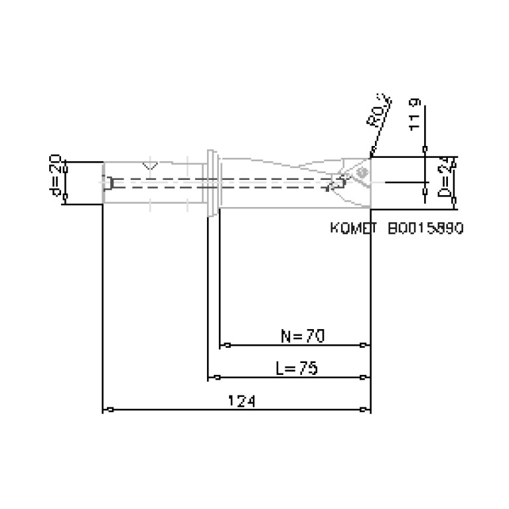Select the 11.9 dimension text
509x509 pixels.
(415, 114)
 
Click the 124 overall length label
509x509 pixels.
(242, 400)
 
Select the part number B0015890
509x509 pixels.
(425, 228)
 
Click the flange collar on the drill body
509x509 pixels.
(212, 182)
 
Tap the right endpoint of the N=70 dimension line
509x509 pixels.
(362, 345)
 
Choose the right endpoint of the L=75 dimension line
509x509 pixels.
(362, 378)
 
